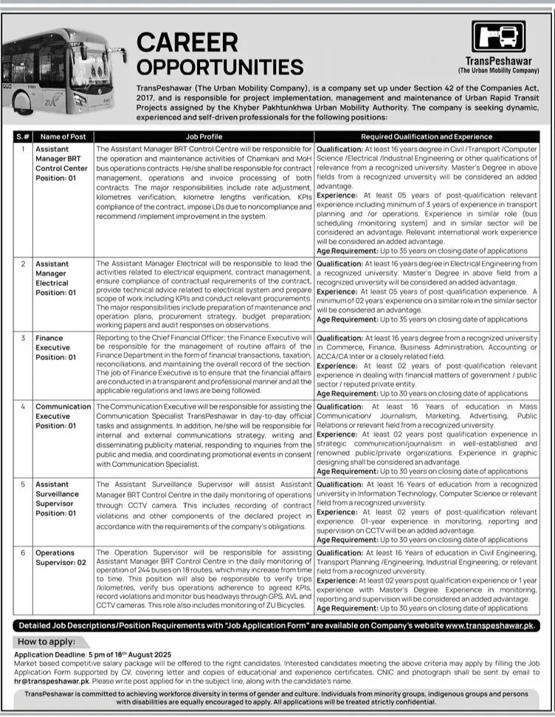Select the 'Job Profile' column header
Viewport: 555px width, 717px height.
204,136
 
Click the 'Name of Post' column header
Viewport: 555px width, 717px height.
63,136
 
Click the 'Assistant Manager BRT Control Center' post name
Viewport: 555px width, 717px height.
63,157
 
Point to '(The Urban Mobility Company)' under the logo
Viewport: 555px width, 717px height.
498,71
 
